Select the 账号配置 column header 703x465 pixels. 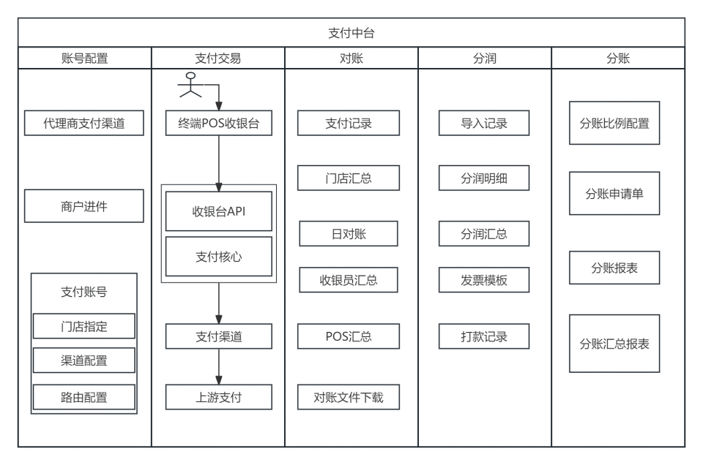pyautogui.click(x=85, y=58)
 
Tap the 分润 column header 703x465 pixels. pyautogui.click(x=484, y=58)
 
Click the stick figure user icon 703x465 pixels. pyautogui.click(x=190, y=86)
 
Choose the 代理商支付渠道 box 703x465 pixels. pyautogui.click(x=84, y=124)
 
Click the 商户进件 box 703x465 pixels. pyautogui.click(x=84, y=206)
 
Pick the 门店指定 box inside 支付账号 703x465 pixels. pyautogui.click(x=84, y=327)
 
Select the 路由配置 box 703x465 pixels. pyautogui.click(x=84, y=397)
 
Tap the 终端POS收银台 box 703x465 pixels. pyautogui.click(x=219, y=124)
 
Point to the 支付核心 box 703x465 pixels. pyautogui.click(x=219, y=257)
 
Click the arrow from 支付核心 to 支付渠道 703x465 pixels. pyautogui.click(x=219, y=303)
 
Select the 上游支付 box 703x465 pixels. pyautogui.click(x=219, y=397)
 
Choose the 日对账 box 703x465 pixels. pyautogui.click(x=349, y=233)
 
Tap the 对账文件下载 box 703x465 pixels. pyautogui.click(x=349, y=397)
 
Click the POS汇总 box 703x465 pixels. pyautogui.click(x=349, y=336)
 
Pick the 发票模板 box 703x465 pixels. pyautogui.click(x=484, y=279)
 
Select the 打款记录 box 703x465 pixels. pyautogui.click(x=484, y=336)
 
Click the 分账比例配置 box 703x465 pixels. pyautogui.click(x=614, y=124)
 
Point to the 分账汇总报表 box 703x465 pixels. pyautogui.click(x=614, y=343)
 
